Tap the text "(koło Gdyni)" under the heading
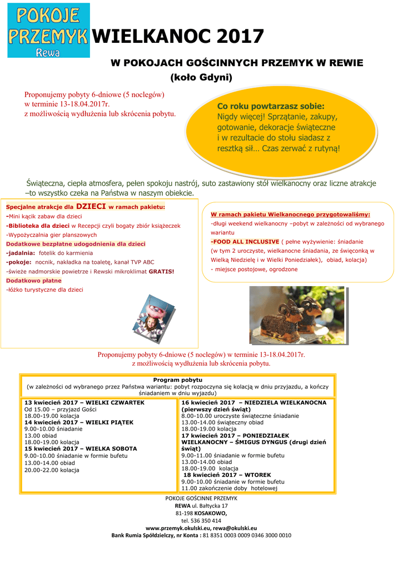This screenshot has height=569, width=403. coord(201,77)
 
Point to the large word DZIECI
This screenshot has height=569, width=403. coord(91,206)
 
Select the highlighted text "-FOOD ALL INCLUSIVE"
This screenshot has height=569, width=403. coord(245,242)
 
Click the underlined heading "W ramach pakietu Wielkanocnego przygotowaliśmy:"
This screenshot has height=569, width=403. coord(290,214)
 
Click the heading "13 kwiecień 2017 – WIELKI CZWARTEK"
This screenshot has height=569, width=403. coord(84,402)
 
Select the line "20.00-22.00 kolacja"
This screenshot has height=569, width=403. coord(52,470)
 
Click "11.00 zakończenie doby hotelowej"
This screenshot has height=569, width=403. coord(229,488)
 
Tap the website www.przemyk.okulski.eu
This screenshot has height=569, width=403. coord(175,528)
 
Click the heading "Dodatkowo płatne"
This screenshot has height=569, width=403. coord(34,281)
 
